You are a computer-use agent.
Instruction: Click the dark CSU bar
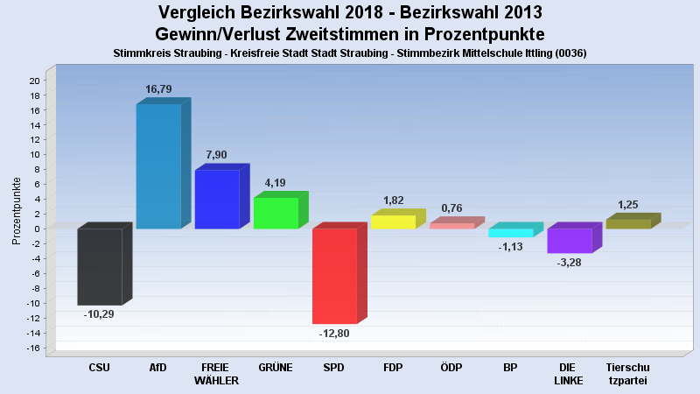coord(100,266)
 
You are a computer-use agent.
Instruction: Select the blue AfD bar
coord(158,165)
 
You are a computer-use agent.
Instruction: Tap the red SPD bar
coord(334,276)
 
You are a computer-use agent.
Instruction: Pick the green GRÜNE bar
coord(276,213)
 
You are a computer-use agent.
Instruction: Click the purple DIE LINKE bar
coord(569,241)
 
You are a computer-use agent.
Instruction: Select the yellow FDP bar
coord(393,222)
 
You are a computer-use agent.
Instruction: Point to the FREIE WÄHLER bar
coord(217,199)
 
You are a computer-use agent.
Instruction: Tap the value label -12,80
coord(334,334)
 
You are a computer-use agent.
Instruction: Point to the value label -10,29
coord(99,314)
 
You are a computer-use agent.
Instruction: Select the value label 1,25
coord(628,205)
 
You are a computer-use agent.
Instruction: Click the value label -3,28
coord(570,263)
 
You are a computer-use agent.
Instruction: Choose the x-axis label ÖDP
coord(451,367)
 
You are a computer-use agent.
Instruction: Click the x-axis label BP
coord(510,367)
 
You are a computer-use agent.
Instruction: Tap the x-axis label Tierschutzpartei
coord(628,373)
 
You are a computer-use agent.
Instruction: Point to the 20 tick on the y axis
coord(34,81)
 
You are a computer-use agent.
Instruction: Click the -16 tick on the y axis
coord(32,348)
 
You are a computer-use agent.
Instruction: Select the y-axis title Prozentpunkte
coord(17,210)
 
